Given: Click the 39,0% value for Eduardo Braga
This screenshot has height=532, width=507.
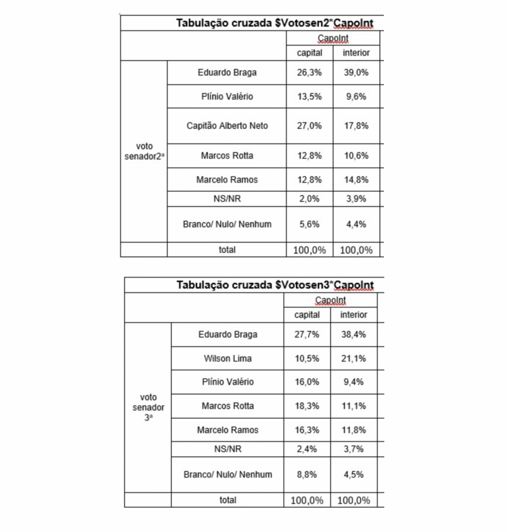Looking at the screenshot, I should point(356,73).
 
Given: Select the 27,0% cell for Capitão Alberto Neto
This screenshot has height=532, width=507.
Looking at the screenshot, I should point(309,126).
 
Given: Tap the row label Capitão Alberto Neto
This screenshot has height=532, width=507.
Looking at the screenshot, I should point(227,126).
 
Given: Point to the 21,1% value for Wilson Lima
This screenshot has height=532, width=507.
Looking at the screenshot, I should point(354,358).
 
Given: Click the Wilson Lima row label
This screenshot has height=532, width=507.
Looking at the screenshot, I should point(227,358).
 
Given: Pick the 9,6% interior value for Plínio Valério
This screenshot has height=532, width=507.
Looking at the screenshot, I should point(356,96).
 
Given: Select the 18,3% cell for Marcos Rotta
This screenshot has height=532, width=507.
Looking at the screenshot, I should point(307,406).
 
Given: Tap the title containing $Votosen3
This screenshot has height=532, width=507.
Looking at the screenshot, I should point(275,285).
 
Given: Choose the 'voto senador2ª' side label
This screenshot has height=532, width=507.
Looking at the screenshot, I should point(144,151).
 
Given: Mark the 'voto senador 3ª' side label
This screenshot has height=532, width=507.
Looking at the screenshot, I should point(148,407).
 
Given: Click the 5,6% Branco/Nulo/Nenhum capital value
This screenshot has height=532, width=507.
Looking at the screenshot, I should point(309,224).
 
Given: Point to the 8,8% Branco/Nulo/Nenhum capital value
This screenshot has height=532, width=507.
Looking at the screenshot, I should point(307,474).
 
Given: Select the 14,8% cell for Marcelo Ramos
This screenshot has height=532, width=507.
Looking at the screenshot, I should point(356,180).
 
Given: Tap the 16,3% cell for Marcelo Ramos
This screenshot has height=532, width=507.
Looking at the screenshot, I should point(307,430).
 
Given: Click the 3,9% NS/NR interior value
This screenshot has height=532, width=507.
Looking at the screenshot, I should point(356,198).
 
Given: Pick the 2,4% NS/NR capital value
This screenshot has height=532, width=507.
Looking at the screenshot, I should point(307,449).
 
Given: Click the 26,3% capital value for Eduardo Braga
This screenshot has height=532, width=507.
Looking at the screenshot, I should point(309,73).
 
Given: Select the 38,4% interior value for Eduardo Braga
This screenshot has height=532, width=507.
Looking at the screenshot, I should point(354,335).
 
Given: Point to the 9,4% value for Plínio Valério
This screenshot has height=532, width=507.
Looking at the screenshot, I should point(354,382).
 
